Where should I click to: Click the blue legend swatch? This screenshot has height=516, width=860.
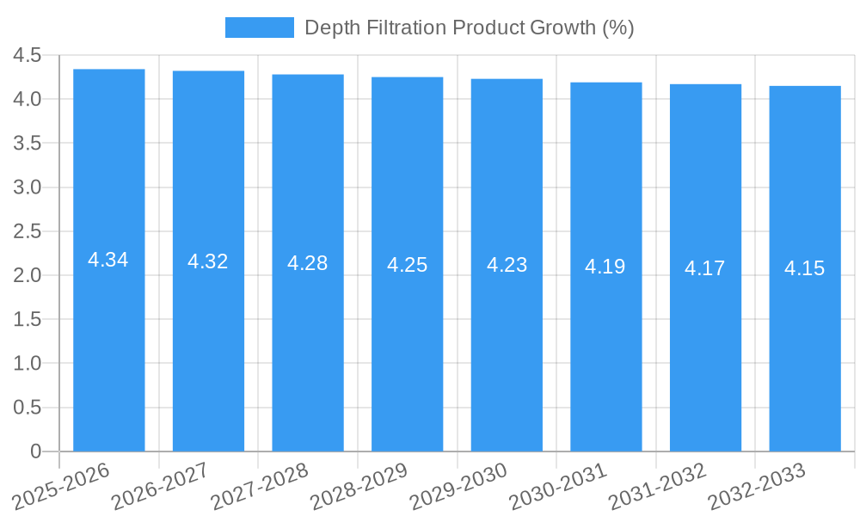tap(259, 28)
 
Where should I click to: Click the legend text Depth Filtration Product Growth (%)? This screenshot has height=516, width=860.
tap(469, 28)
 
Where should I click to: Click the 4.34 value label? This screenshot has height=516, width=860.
tap(108, 260)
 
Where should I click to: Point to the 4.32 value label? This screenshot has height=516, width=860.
tap(208, 261)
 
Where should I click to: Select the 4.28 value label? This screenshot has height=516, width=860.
tap(307, 263)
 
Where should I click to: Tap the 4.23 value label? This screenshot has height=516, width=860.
tap(507, 265)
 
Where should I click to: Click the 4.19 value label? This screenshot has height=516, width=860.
tap(605, 267)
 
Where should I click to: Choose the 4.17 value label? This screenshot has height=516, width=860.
tap(705, 268)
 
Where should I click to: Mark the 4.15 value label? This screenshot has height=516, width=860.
tap(804, 268)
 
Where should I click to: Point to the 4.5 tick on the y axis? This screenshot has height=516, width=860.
tap(28, 55)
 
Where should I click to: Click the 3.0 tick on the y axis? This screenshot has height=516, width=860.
tap(28, 187)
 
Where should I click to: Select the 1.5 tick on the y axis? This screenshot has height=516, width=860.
tap(28, 319)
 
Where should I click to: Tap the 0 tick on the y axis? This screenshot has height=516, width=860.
tap(35, 451)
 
